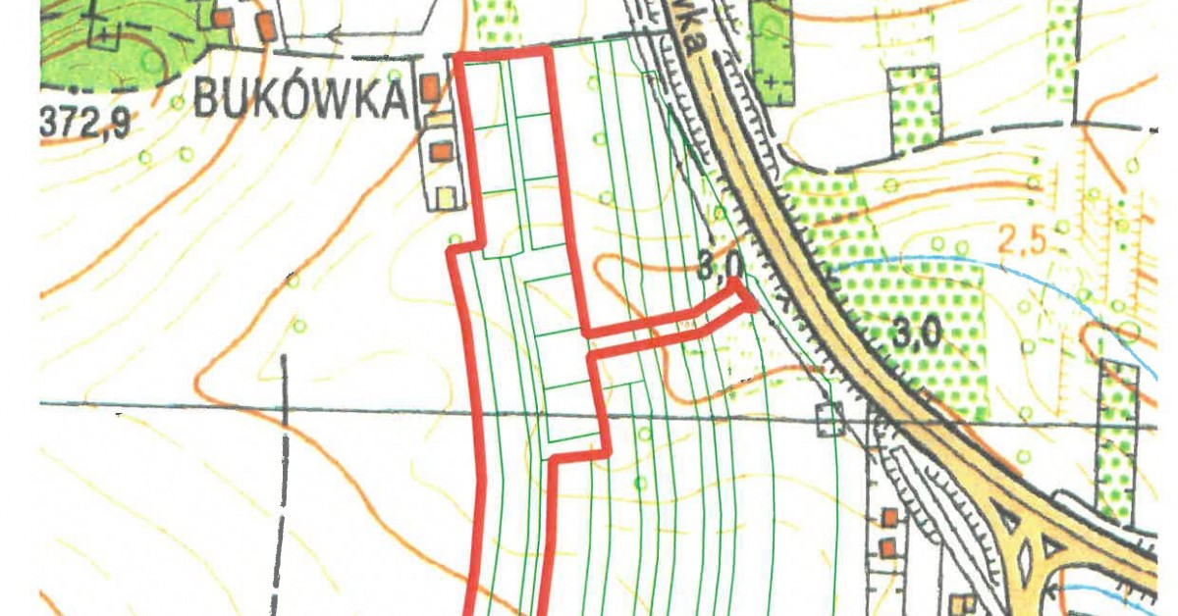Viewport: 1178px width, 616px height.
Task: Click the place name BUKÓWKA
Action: coord(300,98)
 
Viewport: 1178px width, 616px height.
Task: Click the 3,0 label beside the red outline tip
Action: coord(722,265)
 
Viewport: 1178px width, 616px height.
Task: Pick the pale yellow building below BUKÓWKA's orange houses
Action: coord(447,196)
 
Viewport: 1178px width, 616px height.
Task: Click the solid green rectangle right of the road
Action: coord(772,49)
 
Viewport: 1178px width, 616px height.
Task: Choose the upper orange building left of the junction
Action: coord(889,516)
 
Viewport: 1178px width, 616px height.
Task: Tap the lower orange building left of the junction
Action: coord(889,547)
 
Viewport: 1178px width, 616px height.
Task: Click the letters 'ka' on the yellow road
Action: coord(695,39)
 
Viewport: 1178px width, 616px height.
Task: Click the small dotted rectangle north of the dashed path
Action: coord(914,108)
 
